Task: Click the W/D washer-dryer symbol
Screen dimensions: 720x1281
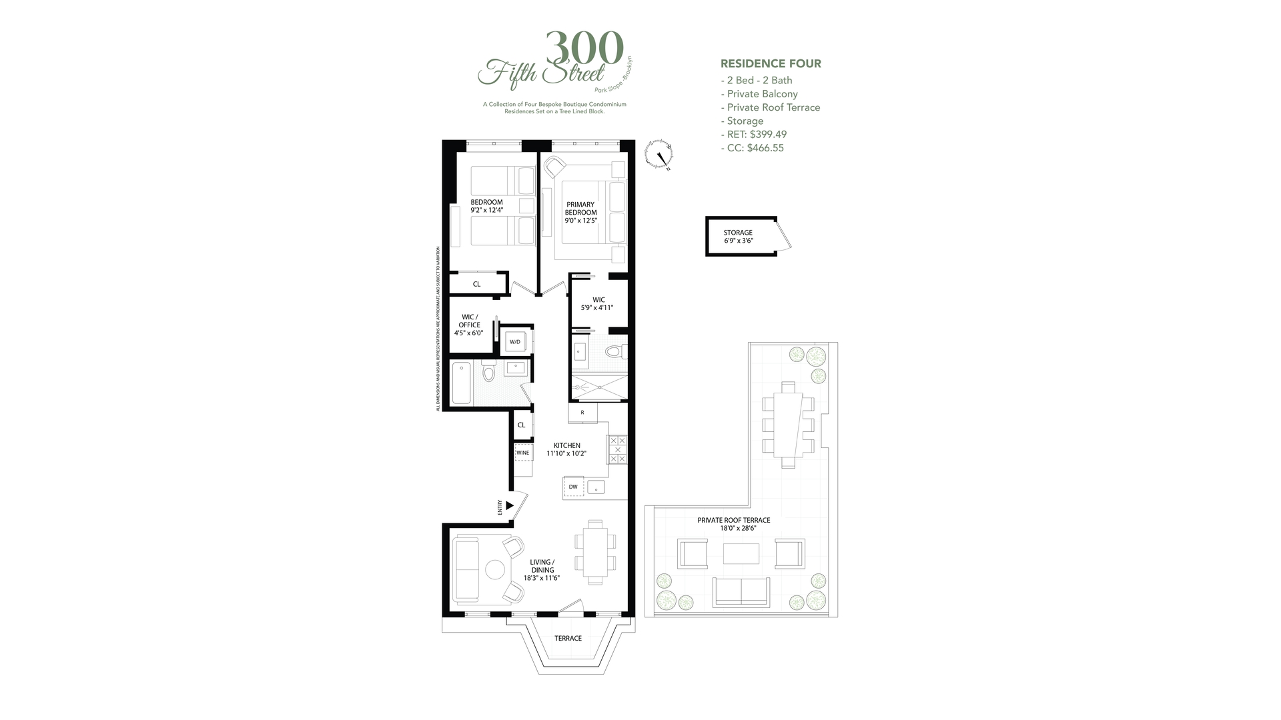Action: coord(515,342)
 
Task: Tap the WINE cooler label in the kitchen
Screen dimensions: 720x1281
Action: coord(522,453)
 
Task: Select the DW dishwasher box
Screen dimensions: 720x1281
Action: coord(573,487)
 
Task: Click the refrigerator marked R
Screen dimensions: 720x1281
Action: coord(582,413)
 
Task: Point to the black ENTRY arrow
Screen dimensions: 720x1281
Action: coord(510,505)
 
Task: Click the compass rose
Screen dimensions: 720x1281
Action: coord(659,155)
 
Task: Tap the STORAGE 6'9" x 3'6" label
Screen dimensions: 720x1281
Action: coord(738,237)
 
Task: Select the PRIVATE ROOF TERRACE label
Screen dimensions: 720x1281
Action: coord(733,524)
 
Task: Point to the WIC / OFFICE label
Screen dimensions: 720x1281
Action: coord(469,325)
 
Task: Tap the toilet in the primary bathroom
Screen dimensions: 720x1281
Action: coord(612,351)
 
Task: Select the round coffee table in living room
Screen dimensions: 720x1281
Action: coord(495,569)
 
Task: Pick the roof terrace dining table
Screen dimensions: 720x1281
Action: coord(788,425)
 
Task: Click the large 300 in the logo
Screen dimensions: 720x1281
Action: coord(584,49)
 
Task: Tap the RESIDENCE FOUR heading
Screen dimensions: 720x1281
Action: coord(771,64)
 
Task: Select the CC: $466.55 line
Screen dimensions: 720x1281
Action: coord(752,148)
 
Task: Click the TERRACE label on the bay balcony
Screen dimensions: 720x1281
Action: coord(568,638)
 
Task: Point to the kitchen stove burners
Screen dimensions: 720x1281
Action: coord(617,449)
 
